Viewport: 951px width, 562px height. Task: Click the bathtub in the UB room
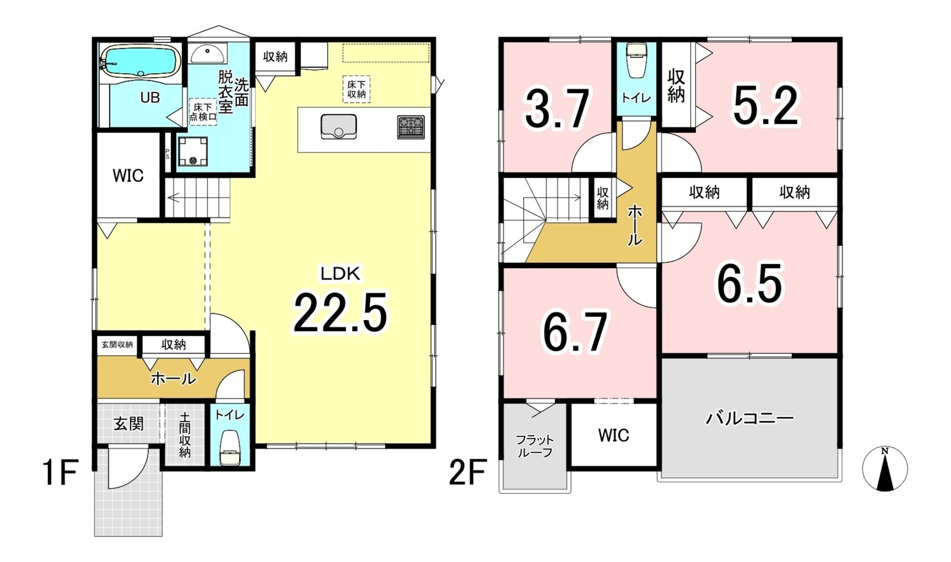coord(141,60)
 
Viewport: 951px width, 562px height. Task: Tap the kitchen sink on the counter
coord(339,127)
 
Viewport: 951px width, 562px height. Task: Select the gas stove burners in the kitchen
coord(410,127)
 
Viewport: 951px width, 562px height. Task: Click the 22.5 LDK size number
coord(340,313)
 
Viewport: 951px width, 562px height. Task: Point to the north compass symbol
coord(885,469)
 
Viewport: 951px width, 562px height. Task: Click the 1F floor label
coord(60,472)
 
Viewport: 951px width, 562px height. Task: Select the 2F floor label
coord(467,472)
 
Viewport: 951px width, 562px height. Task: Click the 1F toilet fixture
coord(229,447)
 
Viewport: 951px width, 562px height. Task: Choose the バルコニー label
coord(749,418)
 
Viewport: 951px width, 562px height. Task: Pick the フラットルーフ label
coord(534,446)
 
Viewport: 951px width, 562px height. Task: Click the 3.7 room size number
coord(557,110)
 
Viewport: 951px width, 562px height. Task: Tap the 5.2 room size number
coord(766,106)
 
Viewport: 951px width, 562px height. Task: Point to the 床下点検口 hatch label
coord(203,112)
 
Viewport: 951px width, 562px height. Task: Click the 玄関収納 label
coord(117,344)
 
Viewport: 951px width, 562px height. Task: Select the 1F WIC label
coord(128,176)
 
